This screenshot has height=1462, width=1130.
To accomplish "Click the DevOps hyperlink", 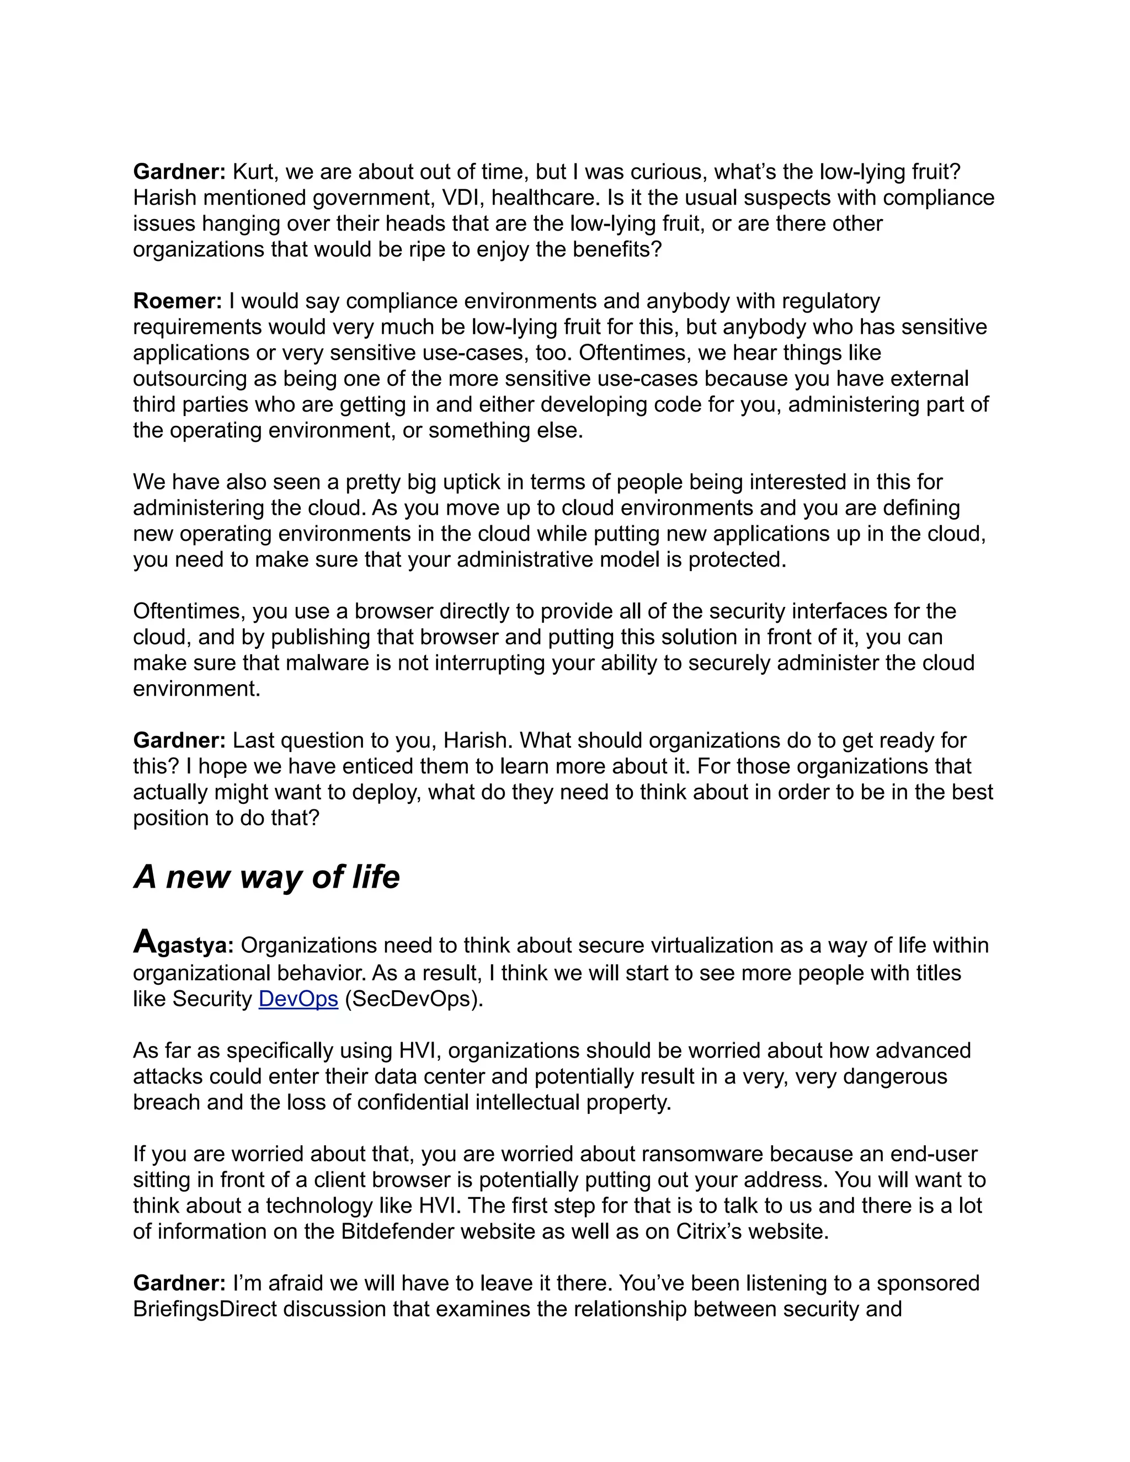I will [298, 998].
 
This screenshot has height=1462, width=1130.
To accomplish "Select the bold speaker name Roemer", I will [177, 301].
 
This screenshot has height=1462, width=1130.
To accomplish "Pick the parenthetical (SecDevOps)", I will [414, 998].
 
